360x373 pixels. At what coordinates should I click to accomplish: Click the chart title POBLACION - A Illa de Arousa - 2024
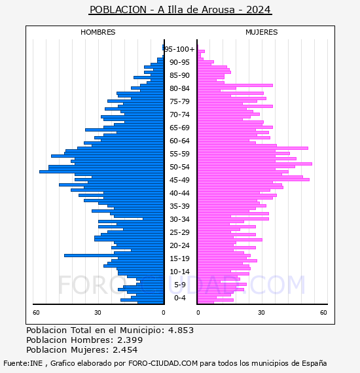(x=180, y=10)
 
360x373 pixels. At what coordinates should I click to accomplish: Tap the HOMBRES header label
(x=98, y=32)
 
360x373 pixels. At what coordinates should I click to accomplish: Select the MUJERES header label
(x=262, y=32)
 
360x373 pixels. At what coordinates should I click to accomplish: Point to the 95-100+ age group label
(x=180, y=49)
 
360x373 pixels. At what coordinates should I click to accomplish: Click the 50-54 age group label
(x=179, y=167)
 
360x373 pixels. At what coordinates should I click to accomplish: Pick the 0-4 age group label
(x=179, y=298)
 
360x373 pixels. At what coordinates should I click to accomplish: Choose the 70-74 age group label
(x=179, y=115)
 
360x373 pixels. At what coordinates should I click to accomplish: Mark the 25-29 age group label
(x=179, y=232)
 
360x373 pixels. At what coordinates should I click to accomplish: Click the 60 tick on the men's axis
(x=36, y=313)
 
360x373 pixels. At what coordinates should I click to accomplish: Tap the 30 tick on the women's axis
(x=261, y=313)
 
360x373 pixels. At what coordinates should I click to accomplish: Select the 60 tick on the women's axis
(x=323, y=313)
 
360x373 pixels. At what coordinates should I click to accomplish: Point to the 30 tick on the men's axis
(x=98, y=313)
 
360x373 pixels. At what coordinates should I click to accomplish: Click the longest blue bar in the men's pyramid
(x=101, y=171)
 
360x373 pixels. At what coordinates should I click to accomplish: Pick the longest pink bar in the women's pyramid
(x=255, y=164)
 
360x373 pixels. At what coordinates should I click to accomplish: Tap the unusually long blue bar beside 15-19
(x=114, y=255)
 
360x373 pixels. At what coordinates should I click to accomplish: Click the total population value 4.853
(x=181, y=330)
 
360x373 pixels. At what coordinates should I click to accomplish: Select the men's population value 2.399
(x=130, y=340)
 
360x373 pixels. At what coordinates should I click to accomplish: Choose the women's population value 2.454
(x=125, y=349)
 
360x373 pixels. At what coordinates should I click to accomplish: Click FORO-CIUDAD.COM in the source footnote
(x=163, y=363)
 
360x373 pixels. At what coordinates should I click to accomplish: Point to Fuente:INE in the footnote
(x=23, y=363)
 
